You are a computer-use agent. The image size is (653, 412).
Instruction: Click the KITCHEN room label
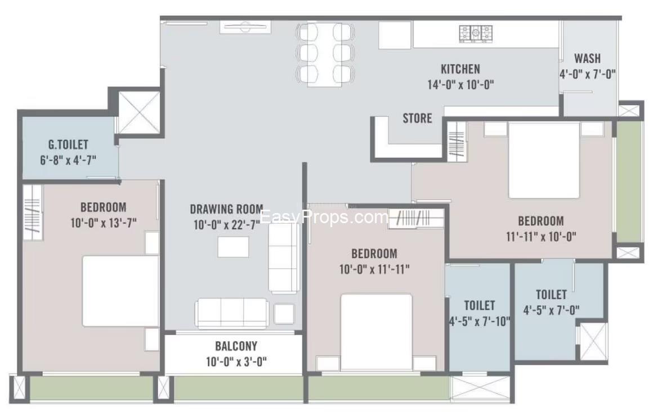point(460,69)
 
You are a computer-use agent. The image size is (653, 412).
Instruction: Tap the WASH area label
point(587,58)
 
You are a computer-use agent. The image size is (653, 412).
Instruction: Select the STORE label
point(417,119)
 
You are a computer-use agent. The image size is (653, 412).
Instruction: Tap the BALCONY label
point(236,346)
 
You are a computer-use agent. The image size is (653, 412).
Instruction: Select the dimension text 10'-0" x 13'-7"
point(103,223)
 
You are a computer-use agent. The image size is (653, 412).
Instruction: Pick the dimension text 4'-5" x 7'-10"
point(479,322)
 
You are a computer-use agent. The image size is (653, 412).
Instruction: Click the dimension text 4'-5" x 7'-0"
point(551,310)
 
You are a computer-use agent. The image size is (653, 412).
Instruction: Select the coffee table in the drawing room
point(233,247)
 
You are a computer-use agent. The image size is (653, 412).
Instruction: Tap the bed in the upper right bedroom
point(544,160)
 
